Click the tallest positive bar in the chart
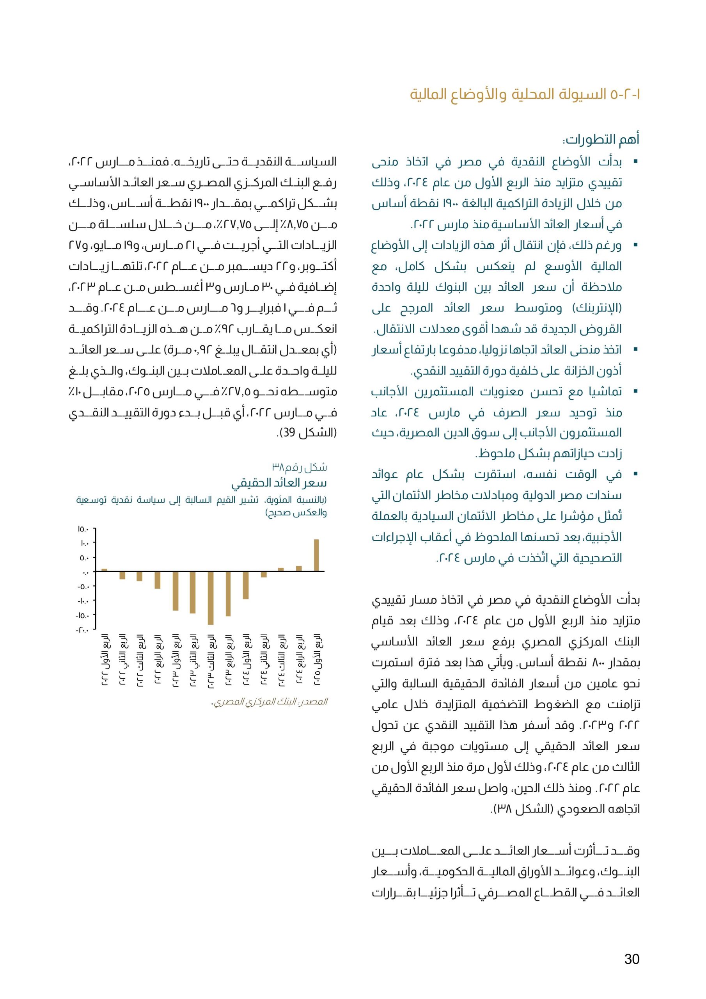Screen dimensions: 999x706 coord(316,555)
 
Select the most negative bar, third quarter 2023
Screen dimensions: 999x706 coord(211,598)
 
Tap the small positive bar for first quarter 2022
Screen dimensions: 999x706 coord(105,570)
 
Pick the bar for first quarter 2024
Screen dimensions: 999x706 coord(246,585)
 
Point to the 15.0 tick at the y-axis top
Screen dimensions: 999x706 coord(83,530)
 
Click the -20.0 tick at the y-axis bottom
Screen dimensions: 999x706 coord(82,629)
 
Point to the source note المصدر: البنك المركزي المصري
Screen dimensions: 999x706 coord(269,702)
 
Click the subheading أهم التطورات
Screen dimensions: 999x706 coord(601,140)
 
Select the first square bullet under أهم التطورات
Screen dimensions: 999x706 coord(635,162)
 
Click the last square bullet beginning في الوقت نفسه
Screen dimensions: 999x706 coord(635,474)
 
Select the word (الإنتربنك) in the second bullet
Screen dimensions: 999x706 coord(592,308)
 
